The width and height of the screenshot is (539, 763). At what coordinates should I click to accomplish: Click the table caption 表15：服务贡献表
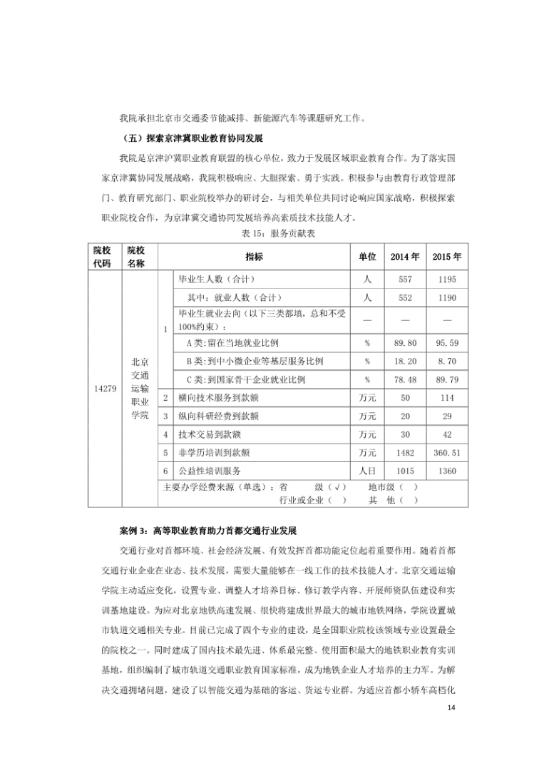click(x=269, y=235)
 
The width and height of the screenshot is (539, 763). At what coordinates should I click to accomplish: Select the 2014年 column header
click(x=405, y=257)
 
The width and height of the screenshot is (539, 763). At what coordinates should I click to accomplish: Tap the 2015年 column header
click(x=446, y=257)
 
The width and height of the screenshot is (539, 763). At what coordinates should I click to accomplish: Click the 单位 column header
click(x=367, y=257)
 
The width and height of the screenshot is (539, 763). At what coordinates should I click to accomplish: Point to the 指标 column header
click(x=254, y=257)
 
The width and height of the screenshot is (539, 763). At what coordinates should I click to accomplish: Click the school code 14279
click(x=106, y=389)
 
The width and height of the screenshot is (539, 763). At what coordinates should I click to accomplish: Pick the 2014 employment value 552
click(x=405, y=297)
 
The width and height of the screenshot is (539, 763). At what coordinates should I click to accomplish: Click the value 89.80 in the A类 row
click(x=405, y=343)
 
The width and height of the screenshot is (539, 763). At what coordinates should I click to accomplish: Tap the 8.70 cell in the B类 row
click(x=446, y=362)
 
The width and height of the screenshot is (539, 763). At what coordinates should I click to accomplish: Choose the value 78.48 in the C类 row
click(x=405, y=379)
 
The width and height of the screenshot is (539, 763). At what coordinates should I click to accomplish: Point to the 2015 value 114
click(x=446, y=397)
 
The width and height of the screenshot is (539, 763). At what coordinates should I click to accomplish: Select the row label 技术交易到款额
click(x=209, y=434)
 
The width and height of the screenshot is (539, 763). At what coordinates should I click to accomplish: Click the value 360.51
click(x=446, y=452)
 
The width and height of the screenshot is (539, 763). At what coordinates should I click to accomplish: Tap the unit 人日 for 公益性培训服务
click(x=367, y=471)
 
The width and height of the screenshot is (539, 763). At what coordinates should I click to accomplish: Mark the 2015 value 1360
click(x=446, y=471)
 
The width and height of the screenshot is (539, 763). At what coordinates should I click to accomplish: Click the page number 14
click(x=449, y=687)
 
